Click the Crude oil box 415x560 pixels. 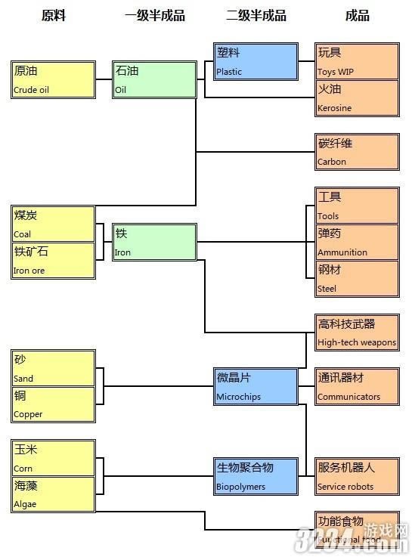[54, 80]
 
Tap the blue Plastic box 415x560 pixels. [256, 61]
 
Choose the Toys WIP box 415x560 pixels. [357, 61]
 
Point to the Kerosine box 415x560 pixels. [357, 97]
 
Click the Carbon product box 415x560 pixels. [357, 152]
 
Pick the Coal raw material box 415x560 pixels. [54, 224]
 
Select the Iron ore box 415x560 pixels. [54, 260]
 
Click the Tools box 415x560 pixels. [357, 206]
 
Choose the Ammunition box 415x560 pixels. [357, 242]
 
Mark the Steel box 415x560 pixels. [357, 278]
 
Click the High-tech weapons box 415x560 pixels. [357, 333]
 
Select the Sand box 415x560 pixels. [54, 368]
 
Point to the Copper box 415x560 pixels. [54, 404]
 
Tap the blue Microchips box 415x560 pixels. [256, 386]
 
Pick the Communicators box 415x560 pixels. [357, 386]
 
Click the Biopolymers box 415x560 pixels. [256, 476]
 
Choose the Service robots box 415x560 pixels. [357, 476]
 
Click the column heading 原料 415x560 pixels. [54, 16]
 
